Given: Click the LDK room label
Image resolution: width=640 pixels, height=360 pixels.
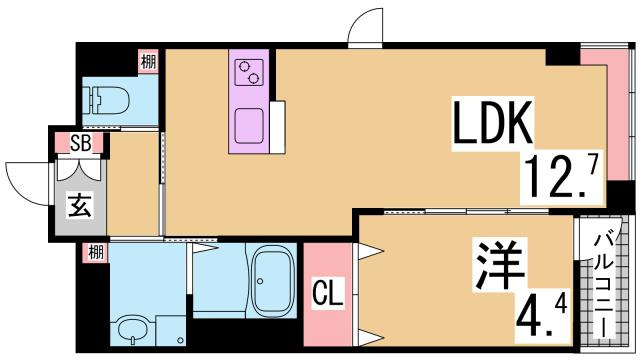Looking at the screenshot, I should [x=496, y=125].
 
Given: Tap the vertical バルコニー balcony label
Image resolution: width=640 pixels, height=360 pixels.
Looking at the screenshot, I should [x=604, y=285].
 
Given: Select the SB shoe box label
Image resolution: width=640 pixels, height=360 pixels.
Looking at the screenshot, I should [x=80, y=143].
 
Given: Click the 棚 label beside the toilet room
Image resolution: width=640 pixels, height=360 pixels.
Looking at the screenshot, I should [x=148, y=61].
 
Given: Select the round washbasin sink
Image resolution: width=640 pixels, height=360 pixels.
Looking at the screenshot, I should [x=131, y=328].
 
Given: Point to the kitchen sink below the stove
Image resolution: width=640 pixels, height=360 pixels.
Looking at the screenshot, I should [x=247, y=126].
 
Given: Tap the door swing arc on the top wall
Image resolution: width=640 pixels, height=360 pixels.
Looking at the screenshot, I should [x=365, y=27].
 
